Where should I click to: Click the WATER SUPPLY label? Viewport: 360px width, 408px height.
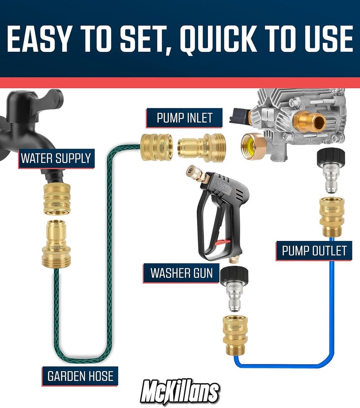pyautogui.click(x=56, y=158)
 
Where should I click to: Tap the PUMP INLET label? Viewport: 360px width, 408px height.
pyautogui.click(x=184, y=118)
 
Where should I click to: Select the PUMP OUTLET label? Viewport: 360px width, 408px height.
pyautogui.click(x=314, y=250)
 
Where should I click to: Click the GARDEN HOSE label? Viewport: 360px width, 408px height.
pyautogui.click(x=81, y=376)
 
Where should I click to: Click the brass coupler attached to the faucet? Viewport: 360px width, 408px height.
pyautogui.click(x=56, y=198)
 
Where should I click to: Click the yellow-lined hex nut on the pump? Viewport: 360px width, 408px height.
pyautogui.click(x=252, y=144)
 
